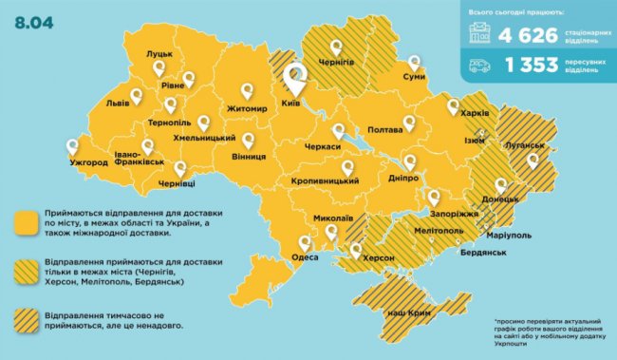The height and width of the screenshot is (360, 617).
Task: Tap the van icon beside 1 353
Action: pyautogui.click(x=479, y=67)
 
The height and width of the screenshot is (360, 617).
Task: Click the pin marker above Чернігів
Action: pyautogui.click(x=336, y=46)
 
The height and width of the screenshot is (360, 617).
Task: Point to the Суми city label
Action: pyautogui.click(x=413, y=76)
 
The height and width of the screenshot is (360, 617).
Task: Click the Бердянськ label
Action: pyautogui.click(x=484, y=253)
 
